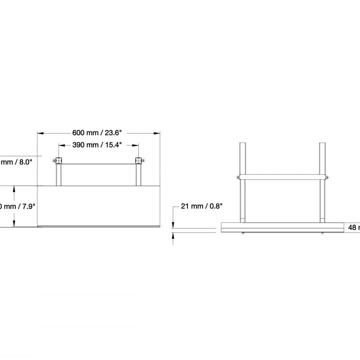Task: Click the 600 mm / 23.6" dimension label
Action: pyautogui.click(x=98, y=133)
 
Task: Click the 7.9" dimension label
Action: pyautogui.click(x=17, y=206)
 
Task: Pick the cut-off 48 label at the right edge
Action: pyautogui.click(x=354, y=227)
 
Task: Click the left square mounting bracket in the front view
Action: pyautogui.click(x=59, y=160)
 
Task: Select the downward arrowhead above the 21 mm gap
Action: pyautogui.click(x=173, y=225)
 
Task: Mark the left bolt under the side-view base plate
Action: pyautogui.click(x=243, y=233)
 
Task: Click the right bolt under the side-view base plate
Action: pyautogui.click(x=322, y=233)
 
